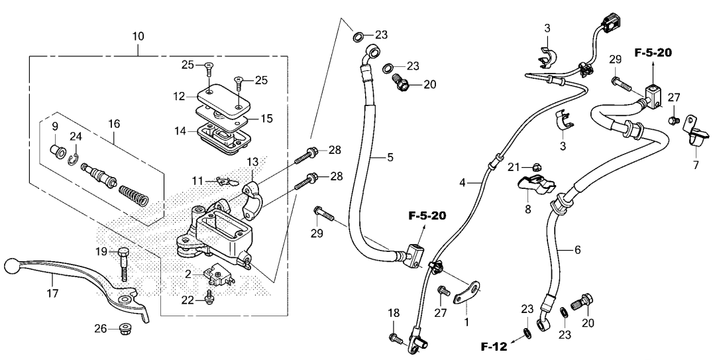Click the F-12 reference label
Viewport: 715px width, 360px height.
494,347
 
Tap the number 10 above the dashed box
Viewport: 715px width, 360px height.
138,36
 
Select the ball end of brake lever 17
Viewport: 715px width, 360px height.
11,265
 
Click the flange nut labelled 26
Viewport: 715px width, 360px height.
123,328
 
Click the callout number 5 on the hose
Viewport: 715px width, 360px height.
390,157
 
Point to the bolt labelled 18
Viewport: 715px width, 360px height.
394,339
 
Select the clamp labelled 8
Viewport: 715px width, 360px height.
536,183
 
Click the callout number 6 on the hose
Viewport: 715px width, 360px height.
578,250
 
